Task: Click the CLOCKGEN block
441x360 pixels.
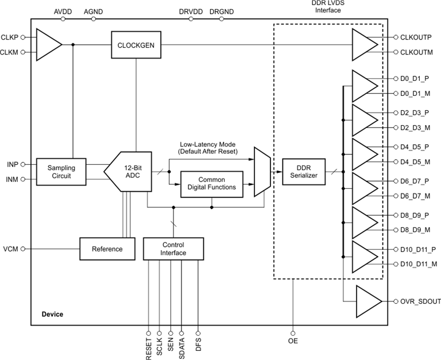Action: point(136,44)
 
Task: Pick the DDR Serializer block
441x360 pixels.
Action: point(303,172)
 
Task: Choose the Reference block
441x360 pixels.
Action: point(107,249)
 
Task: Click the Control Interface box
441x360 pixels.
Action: point(173,249)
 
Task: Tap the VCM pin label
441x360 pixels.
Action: point(10,249)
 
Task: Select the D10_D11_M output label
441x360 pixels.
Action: point(415,264)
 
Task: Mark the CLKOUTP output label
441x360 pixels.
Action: point(412,37)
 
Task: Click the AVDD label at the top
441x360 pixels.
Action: point(63,11)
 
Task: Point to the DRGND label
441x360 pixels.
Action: point(221,11)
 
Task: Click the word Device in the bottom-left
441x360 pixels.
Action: point(52,314)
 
